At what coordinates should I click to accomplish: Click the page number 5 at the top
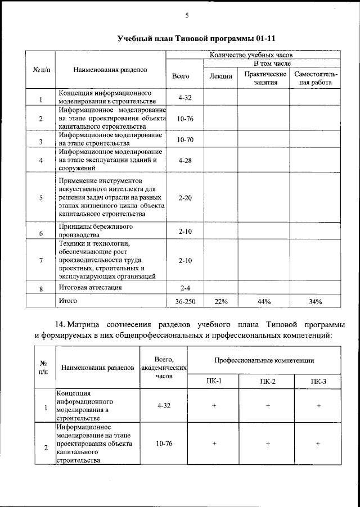point(186,15)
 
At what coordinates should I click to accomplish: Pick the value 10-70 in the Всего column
point(185,139)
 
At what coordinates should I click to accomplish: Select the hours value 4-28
point(185,160)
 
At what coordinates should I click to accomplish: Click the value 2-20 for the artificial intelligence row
point(185,198)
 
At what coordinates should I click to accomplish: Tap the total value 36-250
point(185,302)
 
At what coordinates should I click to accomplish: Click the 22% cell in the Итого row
point(220,302)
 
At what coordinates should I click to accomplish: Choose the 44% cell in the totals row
point(264,302)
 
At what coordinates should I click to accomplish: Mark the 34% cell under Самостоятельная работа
point(315,302)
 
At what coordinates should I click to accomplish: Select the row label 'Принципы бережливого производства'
point(88,230)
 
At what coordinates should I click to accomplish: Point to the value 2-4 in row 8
point(185,288)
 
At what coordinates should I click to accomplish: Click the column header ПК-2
point(268,382)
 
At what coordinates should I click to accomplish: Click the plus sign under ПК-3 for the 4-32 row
point(318,405)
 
